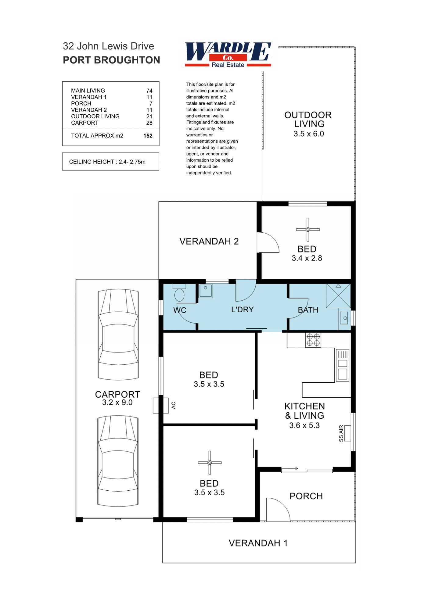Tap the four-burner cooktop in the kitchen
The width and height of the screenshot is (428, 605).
313,340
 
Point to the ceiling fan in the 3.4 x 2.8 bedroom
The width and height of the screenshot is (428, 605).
308,230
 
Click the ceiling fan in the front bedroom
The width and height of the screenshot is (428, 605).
210,463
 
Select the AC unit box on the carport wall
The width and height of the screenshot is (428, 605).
160,405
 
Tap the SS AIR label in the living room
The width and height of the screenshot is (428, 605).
341,433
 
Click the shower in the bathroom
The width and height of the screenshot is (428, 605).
338,296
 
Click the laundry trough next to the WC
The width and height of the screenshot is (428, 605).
206,291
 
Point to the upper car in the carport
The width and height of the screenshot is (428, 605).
118,334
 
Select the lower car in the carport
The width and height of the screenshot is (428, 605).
118,461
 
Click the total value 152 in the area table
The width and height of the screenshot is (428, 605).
148,136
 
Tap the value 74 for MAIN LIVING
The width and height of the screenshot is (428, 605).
149,91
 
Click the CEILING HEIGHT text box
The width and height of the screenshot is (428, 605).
110,162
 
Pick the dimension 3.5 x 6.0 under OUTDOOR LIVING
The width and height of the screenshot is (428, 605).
309,134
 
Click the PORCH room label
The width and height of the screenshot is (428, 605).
306,496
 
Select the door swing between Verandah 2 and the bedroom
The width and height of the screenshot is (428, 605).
268,243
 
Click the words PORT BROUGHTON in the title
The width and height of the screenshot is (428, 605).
111,60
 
